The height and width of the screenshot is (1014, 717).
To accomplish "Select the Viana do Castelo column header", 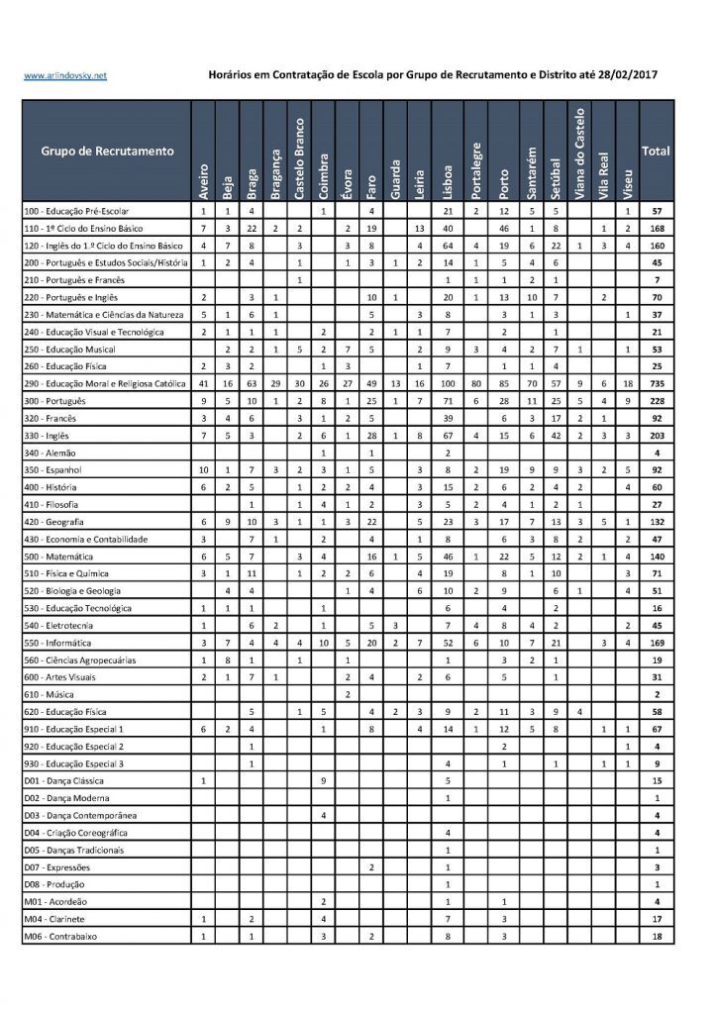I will click(x=581, y=152).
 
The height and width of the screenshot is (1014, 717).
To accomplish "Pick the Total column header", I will click(x=656, y=152).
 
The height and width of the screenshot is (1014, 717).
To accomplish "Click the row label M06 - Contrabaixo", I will click(x=64, y=936).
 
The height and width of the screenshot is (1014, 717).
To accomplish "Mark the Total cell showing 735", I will click(x=656, y=383).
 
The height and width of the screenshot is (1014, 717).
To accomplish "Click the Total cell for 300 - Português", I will click(x=656, y=401).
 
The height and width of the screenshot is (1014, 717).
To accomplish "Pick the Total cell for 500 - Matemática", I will click(x=656, y=557).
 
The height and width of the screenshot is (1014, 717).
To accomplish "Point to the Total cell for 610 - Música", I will click(x=656, y=694).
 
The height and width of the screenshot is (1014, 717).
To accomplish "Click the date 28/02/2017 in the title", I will click(x=623, y=74).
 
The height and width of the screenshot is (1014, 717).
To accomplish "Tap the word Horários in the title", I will click(x=234, y=74).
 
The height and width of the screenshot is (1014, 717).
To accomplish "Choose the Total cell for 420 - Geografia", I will click(x=656, y=522).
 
